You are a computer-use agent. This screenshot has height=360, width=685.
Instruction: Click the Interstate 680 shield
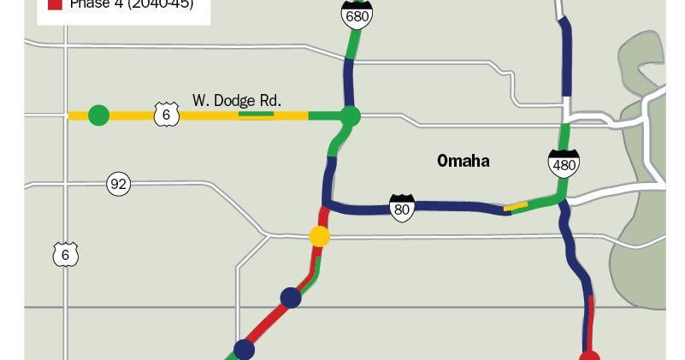tap(356, 12)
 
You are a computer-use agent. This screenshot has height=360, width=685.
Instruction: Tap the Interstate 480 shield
tap(564, 162)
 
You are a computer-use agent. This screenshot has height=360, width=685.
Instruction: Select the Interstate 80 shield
tap(402, 207)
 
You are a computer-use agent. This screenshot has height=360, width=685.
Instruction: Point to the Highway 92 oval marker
tap(118, 183)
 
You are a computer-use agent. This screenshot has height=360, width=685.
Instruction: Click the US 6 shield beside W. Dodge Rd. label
tap(166, 114)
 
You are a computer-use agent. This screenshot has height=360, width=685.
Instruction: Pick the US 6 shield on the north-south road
tap(65, 254)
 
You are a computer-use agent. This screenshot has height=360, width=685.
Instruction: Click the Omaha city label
tap(463, 161)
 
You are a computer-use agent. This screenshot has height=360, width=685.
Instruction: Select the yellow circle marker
tap(319, 236)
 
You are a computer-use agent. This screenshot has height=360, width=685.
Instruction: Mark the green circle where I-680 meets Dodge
tap(349, 115)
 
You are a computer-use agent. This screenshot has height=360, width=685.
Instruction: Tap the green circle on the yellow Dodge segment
tap(98, 115)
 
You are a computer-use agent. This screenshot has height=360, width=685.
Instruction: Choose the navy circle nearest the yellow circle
tap(291, 298)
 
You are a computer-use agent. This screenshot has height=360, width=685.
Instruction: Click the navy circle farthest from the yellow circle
tap(245, 349)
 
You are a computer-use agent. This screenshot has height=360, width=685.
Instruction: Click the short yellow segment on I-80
tap(515, 206)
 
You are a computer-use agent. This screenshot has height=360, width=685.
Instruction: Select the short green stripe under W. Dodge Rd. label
tap(256, 114)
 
